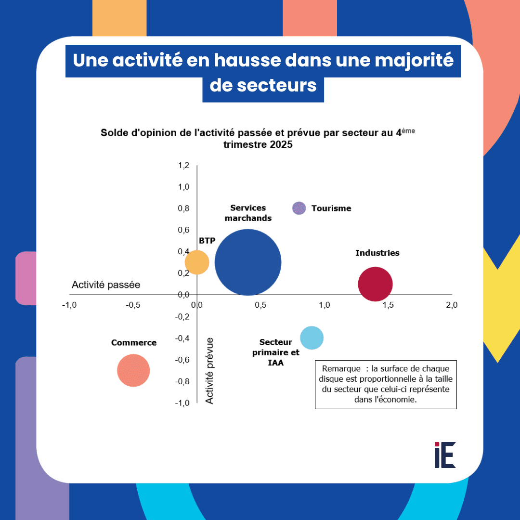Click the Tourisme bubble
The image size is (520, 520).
(x=299, y=208)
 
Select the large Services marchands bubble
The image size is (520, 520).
(x=248, y=262)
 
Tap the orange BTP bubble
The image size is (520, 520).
(x=197, y=262)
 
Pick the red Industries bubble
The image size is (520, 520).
(x=376, y=284)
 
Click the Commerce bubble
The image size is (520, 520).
(x=133, y=370)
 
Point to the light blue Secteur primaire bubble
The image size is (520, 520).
(x=312, y=338)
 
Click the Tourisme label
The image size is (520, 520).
(x=331, y=208)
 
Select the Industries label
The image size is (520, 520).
(x=377, y=253)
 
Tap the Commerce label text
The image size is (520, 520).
(x=134, y=343)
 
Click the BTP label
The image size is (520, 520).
(x=207, y=241)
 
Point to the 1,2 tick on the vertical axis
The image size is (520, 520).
(x=184, y=166)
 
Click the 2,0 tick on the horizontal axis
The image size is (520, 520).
(x=451, y=305)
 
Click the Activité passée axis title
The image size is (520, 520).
(x=106, y=285)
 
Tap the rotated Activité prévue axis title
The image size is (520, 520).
(x=210, y=370)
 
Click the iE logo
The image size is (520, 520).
(x=445, y=455)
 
